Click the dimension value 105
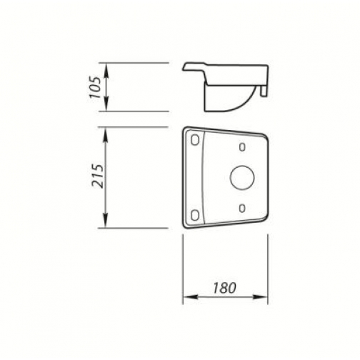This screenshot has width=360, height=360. click(95, 87)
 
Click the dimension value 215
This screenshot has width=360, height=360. click(98, 176)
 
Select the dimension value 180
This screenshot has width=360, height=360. click(224, 288)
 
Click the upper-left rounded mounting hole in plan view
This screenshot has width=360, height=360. click(195, 140)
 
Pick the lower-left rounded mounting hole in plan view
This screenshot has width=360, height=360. click(195, 215)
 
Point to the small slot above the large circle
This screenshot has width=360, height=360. click(242, 147)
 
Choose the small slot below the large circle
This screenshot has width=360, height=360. click(242, 209)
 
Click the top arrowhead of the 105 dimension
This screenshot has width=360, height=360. click(106, 70)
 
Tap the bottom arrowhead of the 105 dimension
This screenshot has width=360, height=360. click(106, 104)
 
